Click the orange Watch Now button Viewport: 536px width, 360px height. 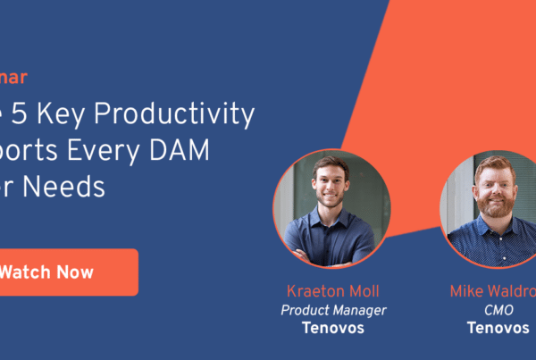point(67,272)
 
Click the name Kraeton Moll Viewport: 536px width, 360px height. point(331,291)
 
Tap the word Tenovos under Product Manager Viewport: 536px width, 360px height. point(331,328)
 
